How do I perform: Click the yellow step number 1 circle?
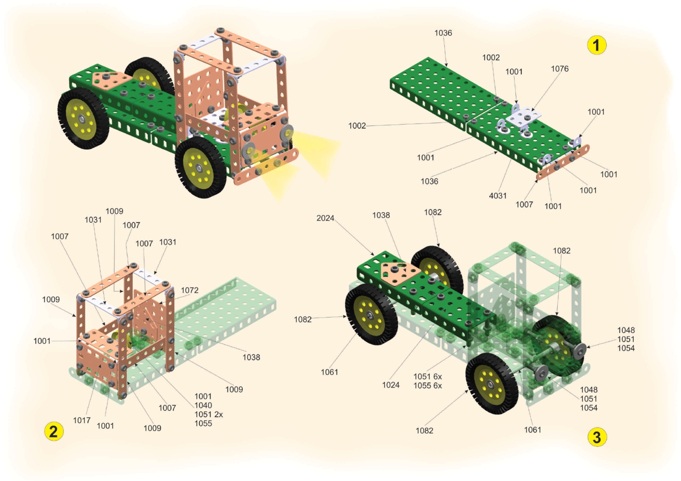[596, 45]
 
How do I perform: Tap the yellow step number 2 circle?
[54, 431]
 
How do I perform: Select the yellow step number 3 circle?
[597, 437]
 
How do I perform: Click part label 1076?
[560, 69]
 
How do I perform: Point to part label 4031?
[498, 196]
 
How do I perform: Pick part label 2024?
[325, 218]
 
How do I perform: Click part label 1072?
[190, 290]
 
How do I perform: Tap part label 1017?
[82, 420]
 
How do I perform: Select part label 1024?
[390, 385]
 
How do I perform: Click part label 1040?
[203, 406]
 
